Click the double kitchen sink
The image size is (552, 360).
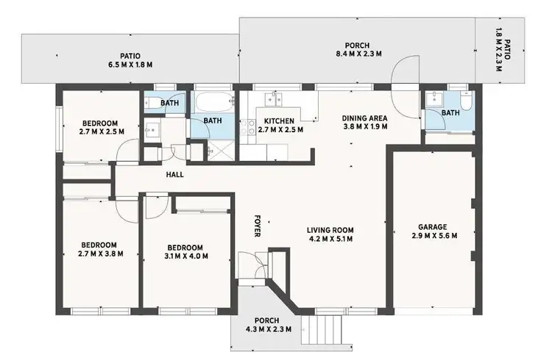coord(277,98)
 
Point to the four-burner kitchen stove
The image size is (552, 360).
coord(244,129)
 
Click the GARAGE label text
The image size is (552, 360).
coord(434,227)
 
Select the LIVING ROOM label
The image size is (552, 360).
coord(330,230)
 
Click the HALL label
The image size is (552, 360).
coord(174,175)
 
